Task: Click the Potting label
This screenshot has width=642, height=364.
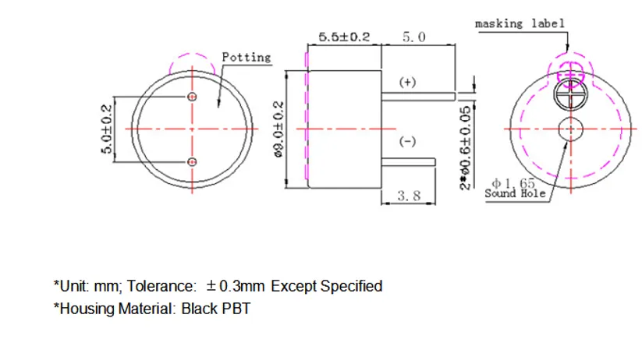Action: (x=247, y=57)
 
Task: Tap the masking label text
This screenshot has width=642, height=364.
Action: (x=520, y=23)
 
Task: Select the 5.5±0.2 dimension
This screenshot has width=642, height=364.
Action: (x=344, y=37)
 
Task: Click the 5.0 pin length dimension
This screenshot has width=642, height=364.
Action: (x=414, y=37)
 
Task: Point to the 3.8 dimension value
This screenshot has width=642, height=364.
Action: (x=409, y=196)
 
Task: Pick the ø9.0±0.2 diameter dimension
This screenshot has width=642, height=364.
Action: (x=278, y=129)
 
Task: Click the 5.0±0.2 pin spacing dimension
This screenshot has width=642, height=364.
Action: (x=106, y=129)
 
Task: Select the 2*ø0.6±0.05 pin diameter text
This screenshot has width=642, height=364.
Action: (x=466, y=148)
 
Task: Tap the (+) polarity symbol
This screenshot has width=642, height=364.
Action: (x=407, y=82)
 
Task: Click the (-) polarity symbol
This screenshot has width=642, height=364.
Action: (x=407, y=142)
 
